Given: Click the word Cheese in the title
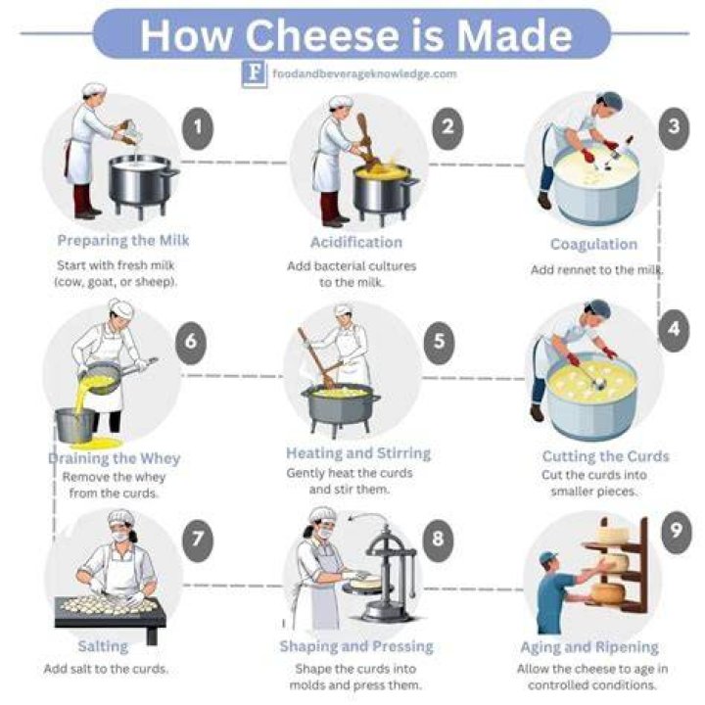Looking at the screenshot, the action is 321,35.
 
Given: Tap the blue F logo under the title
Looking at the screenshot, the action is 254,73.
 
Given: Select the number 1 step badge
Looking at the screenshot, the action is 198,128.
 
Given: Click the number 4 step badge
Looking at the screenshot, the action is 673,330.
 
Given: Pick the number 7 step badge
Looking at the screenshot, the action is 198,540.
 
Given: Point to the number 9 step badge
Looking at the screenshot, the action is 676,532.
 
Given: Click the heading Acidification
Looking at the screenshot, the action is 356,243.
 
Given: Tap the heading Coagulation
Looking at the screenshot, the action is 594,244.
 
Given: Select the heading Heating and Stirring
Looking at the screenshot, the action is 358,453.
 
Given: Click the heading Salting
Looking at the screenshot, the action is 103,646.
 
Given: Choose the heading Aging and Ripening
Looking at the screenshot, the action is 589,647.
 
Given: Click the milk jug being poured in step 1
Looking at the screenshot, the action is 130,132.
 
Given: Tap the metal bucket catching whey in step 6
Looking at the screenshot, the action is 75,425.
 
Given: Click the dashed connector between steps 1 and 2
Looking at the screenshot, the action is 234,163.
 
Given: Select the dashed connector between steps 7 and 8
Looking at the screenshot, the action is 232,586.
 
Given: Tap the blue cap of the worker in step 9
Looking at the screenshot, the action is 547,557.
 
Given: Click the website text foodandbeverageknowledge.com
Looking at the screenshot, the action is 364,73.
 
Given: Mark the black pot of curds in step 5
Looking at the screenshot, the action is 341,407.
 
